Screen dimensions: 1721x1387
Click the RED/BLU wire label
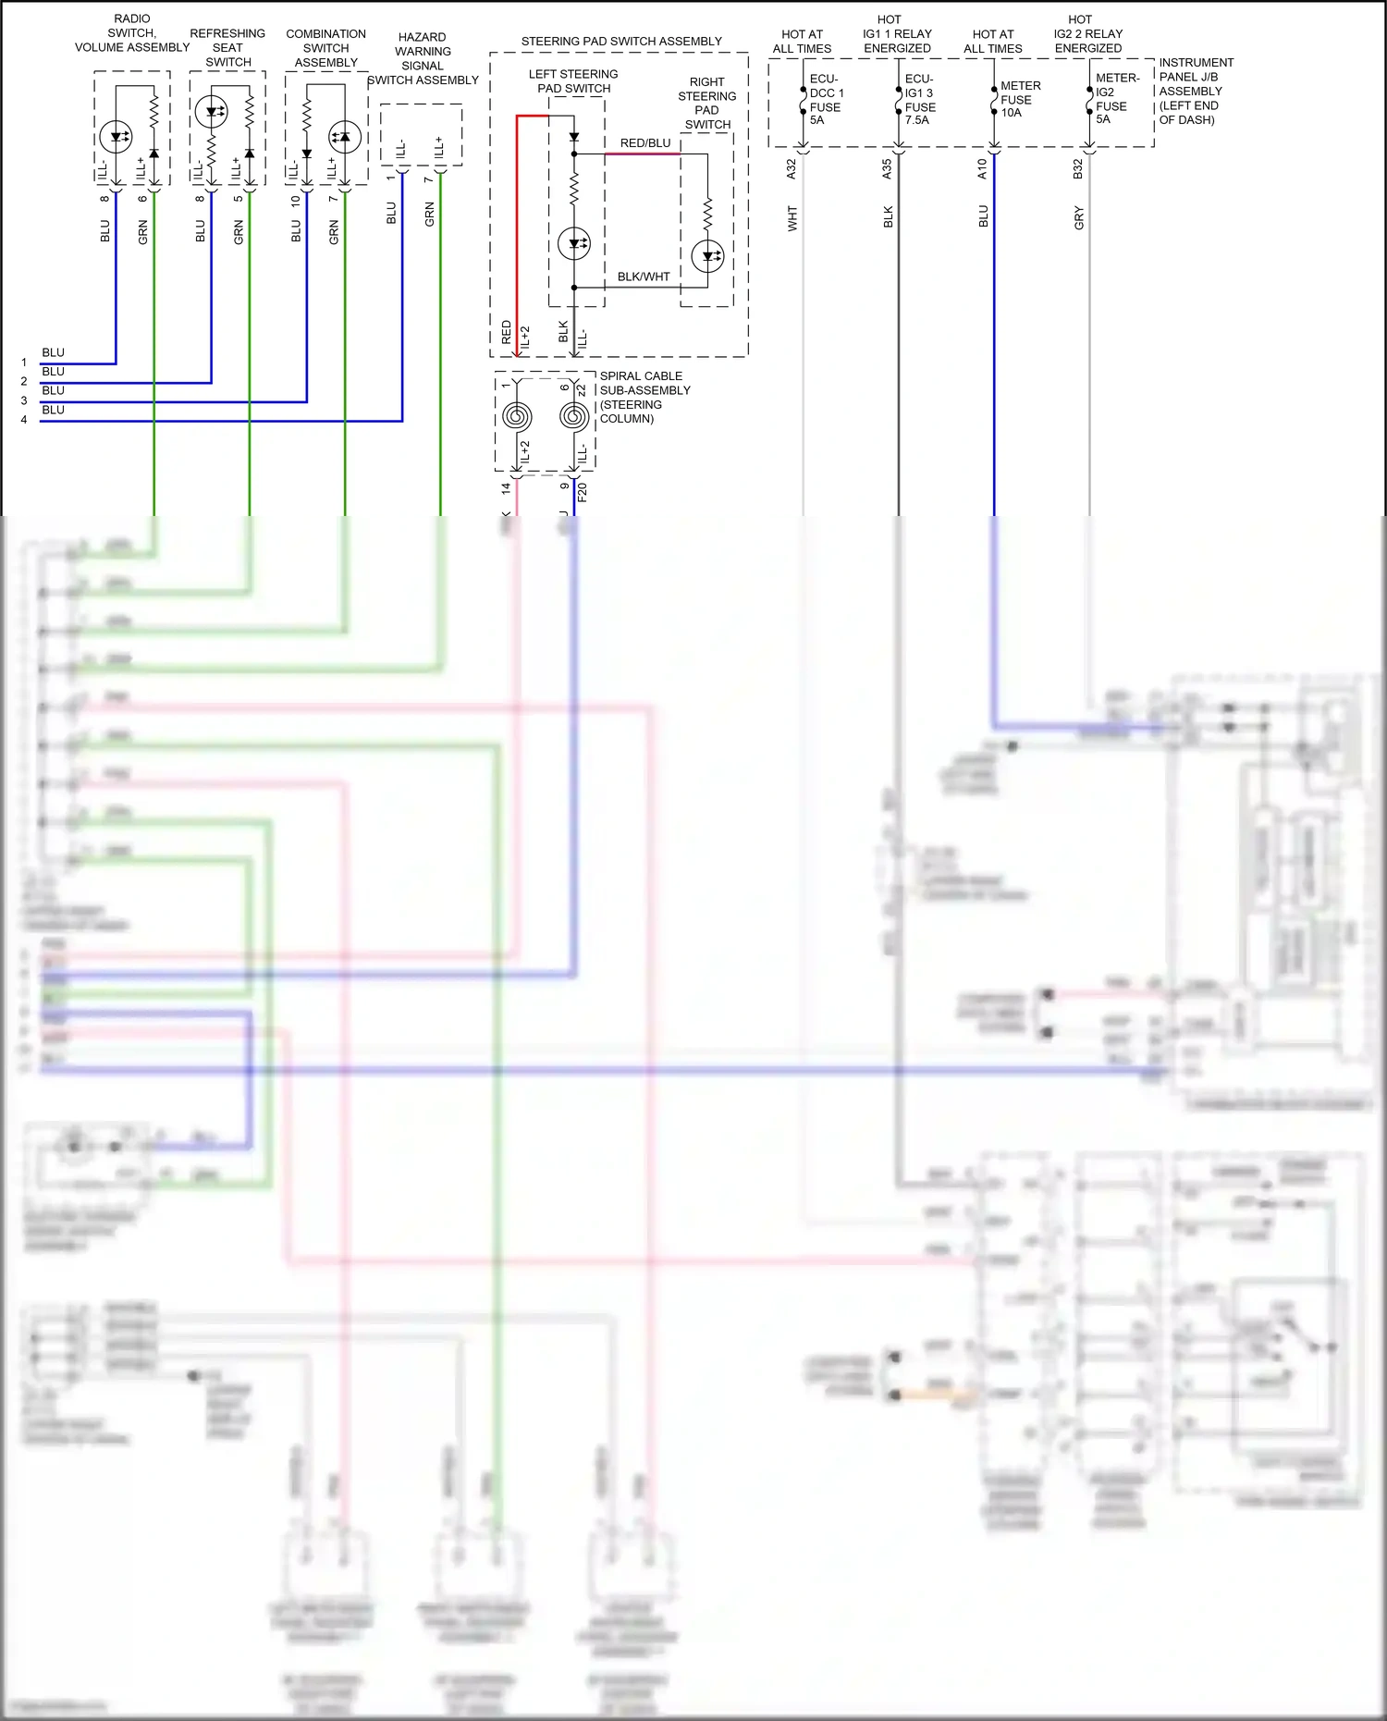pos(644,143)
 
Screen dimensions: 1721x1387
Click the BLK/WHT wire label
pos(643,277)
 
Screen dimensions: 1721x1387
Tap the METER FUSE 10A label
pos(1019,99)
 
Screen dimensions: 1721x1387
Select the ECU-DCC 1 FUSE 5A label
pos(826,100)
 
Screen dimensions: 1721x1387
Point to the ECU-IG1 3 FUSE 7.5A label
pos(920,100)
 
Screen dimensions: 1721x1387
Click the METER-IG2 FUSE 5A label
pos(1115,99)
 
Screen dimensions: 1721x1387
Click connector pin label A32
pos(791,169)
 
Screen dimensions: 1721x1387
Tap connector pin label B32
pos(1077,169)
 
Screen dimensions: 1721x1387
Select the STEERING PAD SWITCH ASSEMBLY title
pos(620,42)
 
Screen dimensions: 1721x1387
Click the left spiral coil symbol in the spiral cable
pos(517,417)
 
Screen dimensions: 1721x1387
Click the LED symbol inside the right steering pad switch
pos(708,256)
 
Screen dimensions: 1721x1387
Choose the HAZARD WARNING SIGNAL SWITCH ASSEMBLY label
pos(423,59)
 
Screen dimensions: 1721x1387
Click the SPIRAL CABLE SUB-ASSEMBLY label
pos(644,397)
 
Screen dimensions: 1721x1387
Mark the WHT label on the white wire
pos(792,219)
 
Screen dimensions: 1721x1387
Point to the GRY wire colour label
pos(1079,219)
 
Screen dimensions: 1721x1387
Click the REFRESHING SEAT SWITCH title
pos(227,48)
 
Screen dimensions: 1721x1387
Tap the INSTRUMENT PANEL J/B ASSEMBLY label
pos(1195,91)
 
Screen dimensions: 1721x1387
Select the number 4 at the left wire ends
pos(24,420)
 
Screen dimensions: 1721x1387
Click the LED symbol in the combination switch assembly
pos(345,137)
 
